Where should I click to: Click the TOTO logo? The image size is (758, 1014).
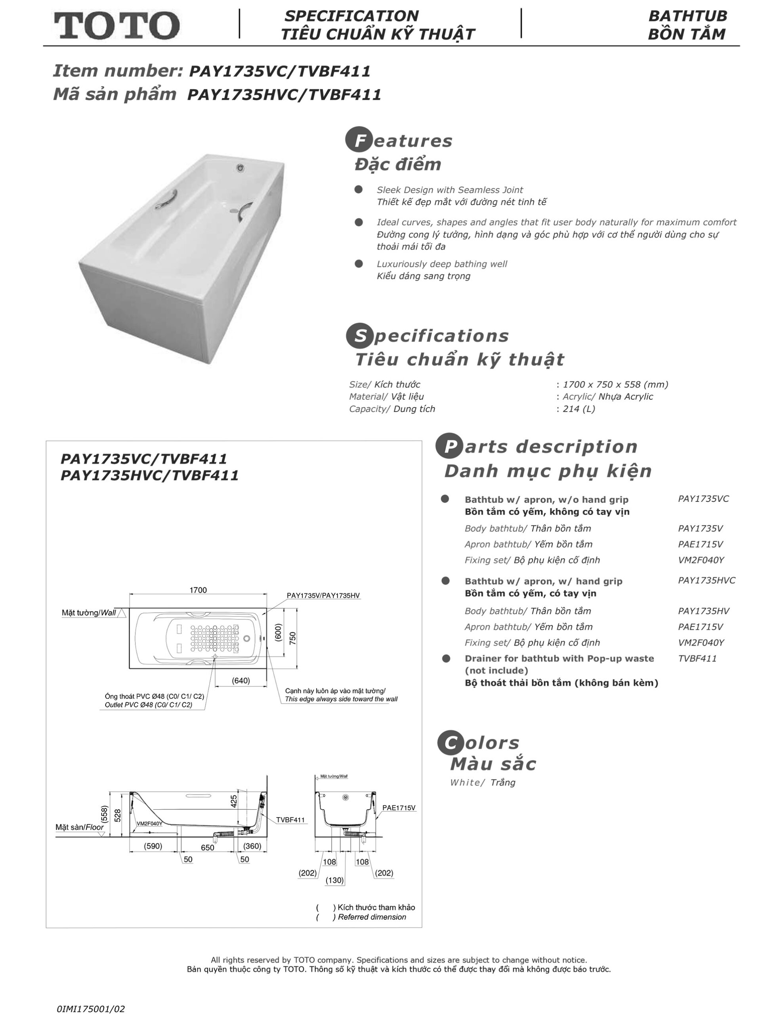click(x=116, y=25)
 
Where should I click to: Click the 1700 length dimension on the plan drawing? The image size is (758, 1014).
click(x=198, y=590)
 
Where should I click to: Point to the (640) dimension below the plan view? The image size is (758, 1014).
click(x=241, y=680)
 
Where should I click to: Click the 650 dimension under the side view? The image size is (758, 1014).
click(x=207, y=848)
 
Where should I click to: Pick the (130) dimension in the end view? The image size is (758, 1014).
click(x=334, y=880)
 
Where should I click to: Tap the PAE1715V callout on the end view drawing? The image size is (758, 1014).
click(x=399, y=807)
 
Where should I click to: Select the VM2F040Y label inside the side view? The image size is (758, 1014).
click(x=149, y=823)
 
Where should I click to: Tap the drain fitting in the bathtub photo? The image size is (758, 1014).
click(x=240, y=168)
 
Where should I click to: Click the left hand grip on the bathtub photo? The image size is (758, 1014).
click(x=165, y=199)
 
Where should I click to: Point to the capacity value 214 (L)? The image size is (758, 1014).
click(x=579, y=409)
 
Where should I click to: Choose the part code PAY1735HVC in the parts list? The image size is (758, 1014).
click(x=706, y=580)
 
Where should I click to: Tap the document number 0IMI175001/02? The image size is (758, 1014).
click(x=91, y=1008)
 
